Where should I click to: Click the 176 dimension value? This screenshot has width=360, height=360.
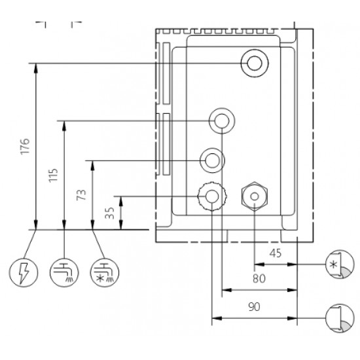24,146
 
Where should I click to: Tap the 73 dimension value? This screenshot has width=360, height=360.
82,194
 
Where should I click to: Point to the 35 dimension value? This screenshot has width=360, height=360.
109,213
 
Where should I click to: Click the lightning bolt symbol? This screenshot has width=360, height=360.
24,271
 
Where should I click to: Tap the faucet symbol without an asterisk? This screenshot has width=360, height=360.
63,271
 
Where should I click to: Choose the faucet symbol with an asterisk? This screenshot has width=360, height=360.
103,271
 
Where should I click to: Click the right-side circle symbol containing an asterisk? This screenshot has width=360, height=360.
337,264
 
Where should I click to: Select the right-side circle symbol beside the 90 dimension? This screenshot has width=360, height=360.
337,319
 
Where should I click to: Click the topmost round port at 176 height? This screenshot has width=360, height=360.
253,63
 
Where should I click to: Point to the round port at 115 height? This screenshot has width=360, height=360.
221,120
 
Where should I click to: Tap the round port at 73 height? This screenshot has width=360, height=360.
212,159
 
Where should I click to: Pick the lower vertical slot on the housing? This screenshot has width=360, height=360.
166,145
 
